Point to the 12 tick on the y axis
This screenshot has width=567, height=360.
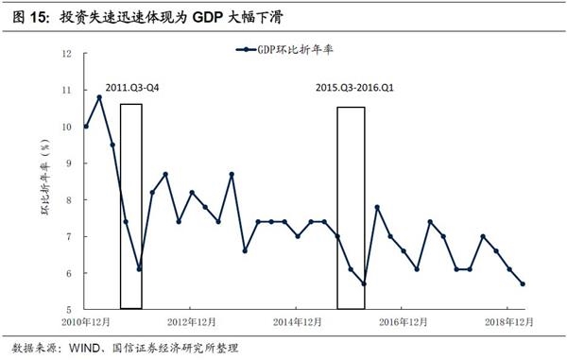tap(66, 54)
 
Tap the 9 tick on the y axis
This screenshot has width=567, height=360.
tap(68, 163)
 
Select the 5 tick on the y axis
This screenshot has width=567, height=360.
tap(68, 310)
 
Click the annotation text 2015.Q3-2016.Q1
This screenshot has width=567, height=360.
tap(353, 88)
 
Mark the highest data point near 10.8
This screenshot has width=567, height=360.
tap(99, 97)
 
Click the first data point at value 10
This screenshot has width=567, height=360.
tap(86, 126)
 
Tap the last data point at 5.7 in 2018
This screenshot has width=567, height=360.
tap(524, 283)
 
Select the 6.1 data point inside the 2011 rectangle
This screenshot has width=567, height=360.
tap(139, 268)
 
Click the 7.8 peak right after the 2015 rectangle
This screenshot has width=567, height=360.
tap(377, 207)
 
